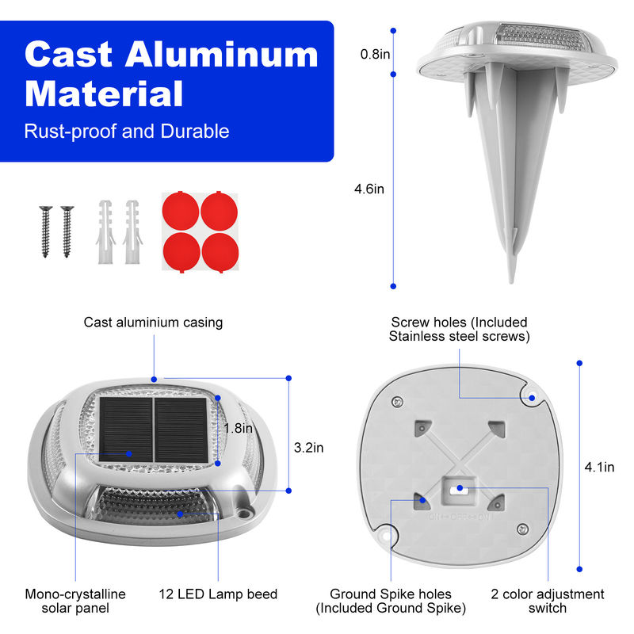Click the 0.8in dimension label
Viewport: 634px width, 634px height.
coord(375,54)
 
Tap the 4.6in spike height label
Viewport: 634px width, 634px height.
coord(369,189)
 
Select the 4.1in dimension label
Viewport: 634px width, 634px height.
coord(599,467)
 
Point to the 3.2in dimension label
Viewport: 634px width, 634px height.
coord(308,448)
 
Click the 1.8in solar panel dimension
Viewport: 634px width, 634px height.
coord(239,428)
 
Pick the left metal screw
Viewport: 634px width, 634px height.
coord(46,231)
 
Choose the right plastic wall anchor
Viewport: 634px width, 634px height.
coord(132,231)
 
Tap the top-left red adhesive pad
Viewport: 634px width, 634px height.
coord(181,211)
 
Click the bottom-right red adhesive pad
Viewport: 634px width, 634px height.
coord(220,252)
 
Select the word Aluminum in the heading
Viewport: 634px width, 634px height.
coord(222,55)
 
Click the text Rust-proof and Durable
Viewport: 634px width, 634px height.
coord(127,131)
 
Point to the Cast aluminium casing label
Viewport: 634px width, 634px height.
coord(153,323)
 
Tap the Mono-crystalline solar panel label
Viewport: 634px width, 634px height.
coord(75,601)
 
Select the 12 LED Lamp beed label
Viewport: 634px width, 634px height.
coord(218,594)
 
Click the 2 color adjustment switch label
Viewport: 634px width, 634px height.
coord(548,601)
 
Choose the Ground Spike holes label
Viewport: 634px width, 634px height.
coord(391,601)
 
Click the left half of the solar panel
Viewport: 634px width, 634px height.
coord(126,430)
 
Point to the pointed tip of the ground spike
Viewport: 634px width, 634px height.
coord(511,282)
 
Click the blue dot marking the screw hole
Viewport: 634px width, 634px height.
coord(532,398)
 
